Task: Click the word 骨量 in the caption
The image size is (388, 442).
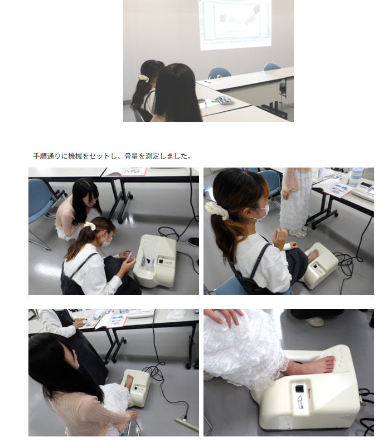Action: point(132,156)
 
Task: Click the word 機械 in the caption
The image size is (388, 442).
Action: point(75,156)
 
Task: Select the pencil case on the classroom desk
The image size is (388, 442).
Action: point(223,100)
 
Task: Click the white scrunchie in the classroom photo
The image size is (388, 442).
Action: point(143,77)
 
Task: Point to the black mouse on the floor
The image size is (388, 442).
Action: point(193,241)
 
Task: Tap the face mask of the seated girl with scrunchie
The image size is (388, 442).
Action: point(261,212)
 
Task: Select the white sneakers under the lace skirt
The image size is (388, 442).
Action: point(297,233)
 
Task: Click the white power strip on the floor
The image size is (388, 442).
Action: point(187,424)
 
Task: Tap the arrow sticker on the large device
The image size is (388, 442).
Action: point(299,401)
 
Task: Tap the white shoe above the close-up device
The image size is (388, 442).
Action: point(316,321)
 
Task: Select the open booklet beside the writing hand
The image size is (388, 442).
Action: point(113,320)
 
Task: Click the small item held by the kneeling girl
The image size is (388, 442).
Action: point(128,255)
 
